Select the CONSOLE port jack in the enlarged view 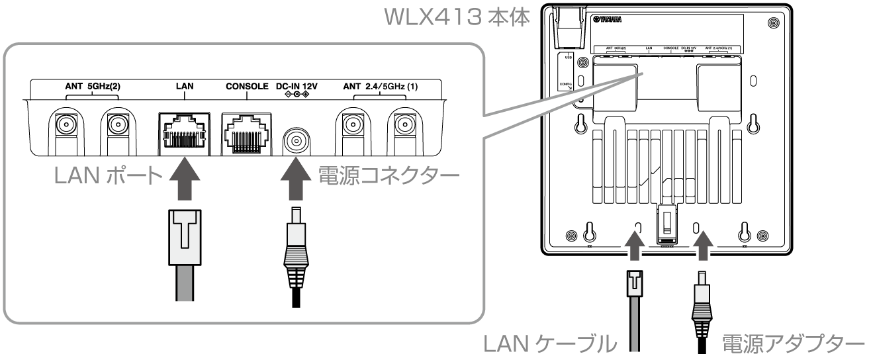point(246,130)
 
